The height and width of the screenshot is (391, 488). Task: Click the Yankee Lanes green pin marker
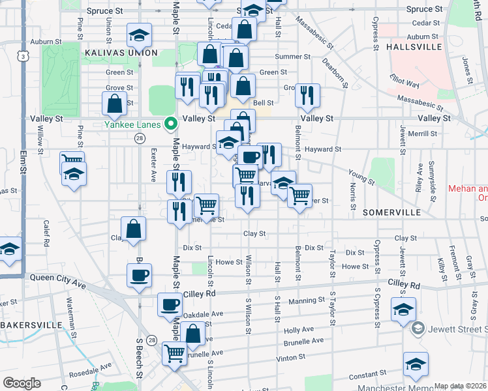[171, 123]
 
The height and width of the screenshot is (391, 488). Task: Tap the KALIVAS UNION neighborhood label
[120, 51]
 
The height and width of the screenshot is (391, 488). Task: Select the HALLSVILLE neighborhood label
[414, 47]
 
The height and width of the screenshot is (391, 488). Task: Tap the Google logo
[22, 383]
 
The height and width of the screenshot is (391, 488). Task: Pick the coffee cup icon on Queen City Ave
[139, 276]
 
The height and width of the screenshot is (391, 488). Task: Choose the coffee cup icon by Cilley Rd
[170, 304]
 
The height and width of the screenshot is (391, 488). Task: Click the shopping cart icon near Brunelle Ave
[174, 354]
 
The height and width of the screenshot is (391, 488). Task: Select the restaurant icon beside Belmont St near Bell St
[307, 95]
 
